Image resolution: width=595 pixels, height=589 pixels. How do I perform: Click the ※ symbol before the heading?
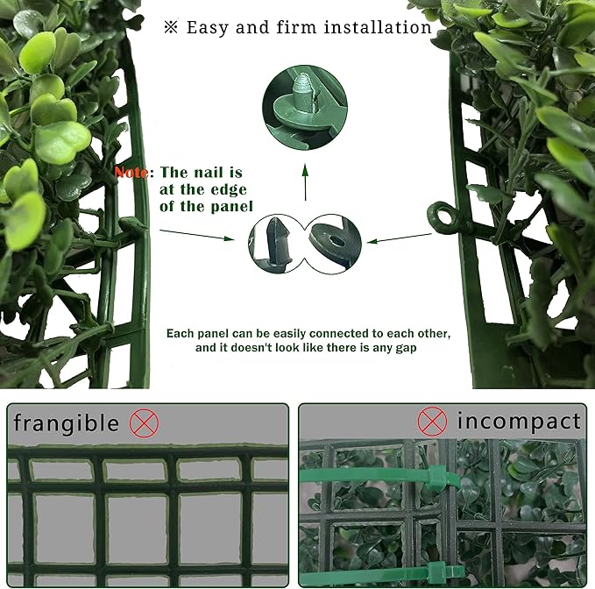point(171,27)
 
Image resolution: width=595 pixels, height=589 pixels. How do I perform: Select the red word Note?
point(132,173)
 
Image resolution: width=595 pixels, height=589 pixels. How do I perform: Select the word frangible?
point(67,423)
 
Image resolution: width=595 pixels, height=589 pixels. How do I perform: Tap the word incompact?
point(518,422)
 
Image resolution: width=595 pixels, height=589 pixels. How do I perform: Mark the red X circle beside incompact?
point(432,422)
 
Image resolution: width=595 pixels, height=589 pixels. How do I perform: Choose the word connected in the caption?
point(329,335)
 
